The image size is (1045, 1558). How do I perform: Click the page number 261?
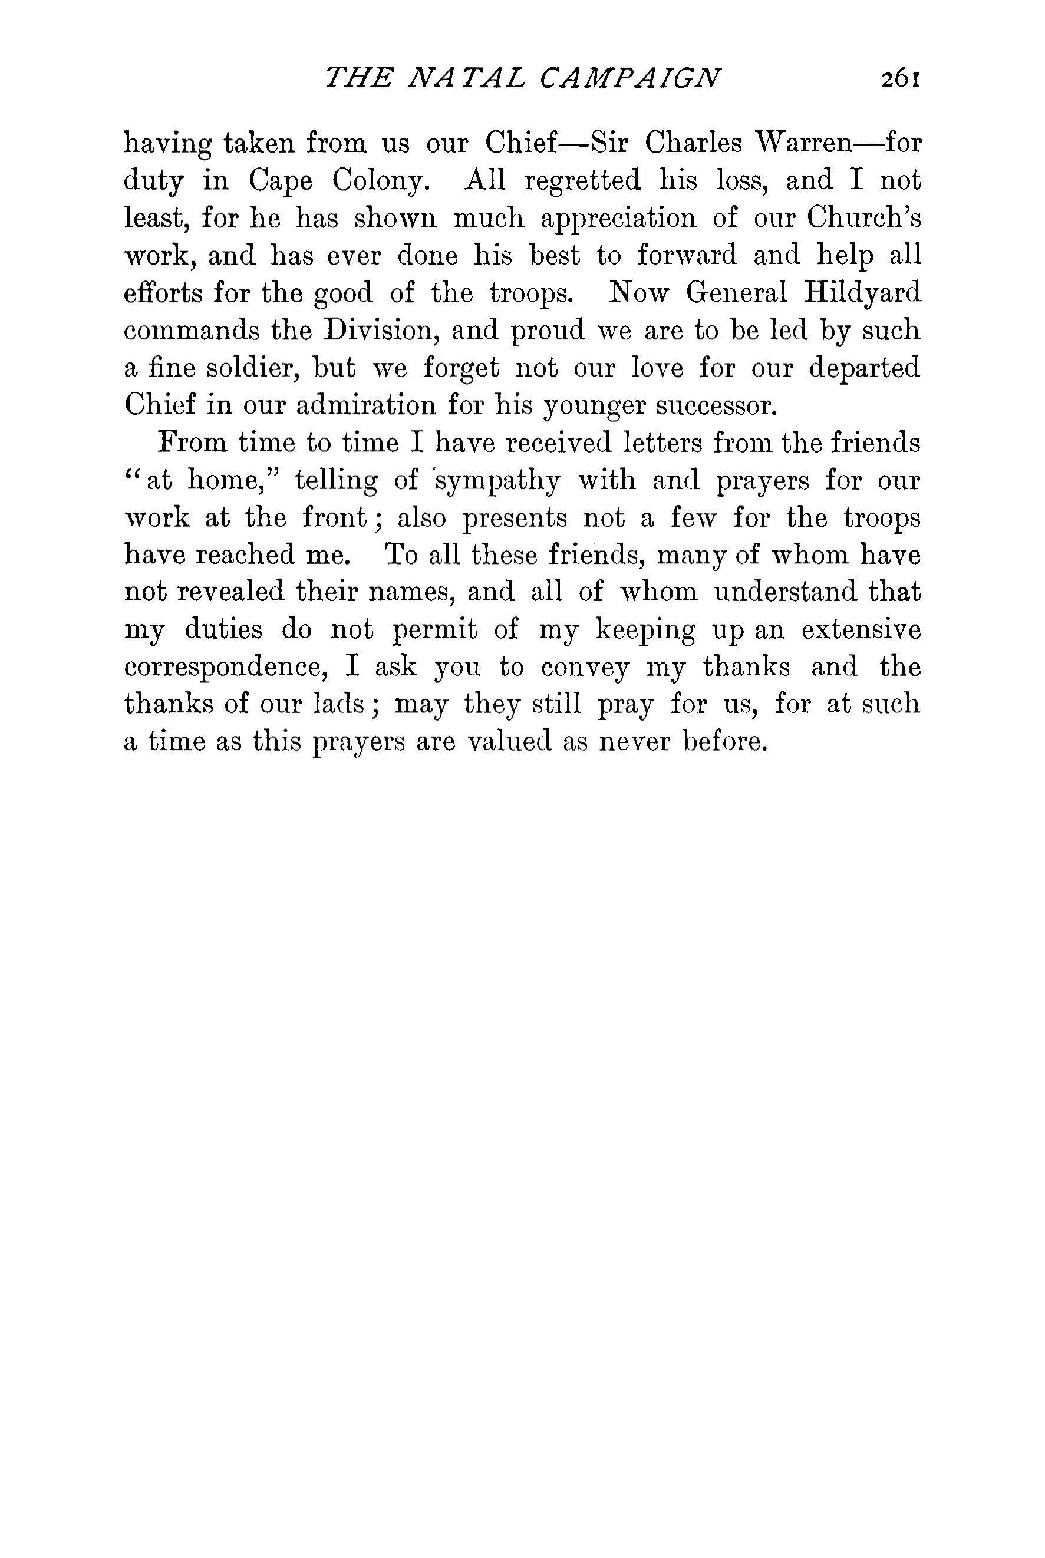point(899,78)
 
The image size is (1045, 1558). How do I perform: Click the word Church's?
point(863,218)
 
